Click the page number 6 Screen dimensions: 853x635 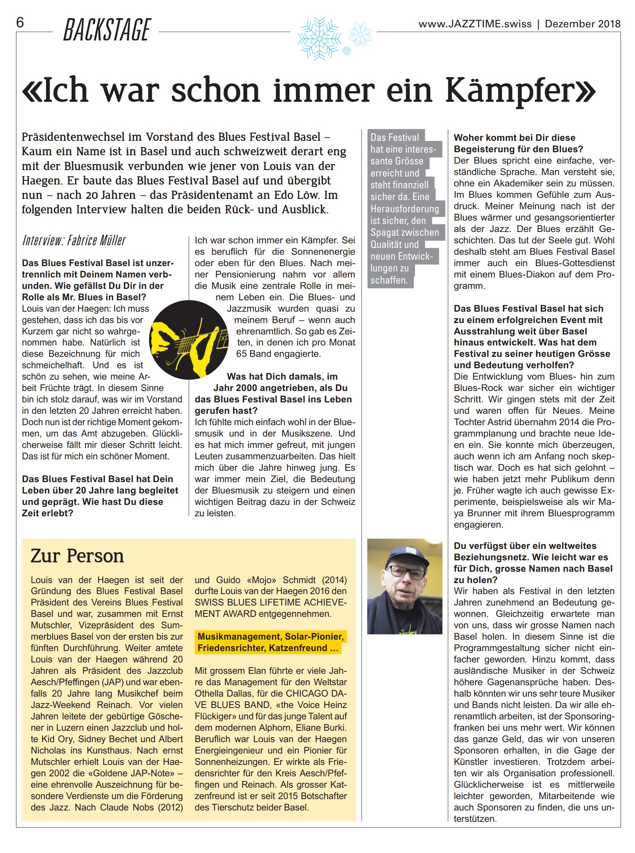pos(20,23)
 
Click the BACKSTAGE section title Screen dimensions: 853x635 pos(107,30)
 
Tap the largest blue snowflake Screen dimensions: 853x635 pos(319,38)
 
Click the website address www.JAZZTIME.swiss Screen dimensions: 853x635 pos(475,24)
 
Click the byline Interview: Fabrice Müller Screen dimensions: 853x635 pos(74,241)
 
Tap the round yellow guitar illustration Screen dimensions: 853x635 pos(189,340)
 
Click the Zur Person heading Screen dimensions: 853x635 pos(77,556)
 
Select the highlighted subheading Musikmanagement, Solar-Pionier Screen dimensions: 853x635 pos(271,636)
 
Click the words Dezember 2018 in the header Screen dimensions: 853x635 pos(582,24)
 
